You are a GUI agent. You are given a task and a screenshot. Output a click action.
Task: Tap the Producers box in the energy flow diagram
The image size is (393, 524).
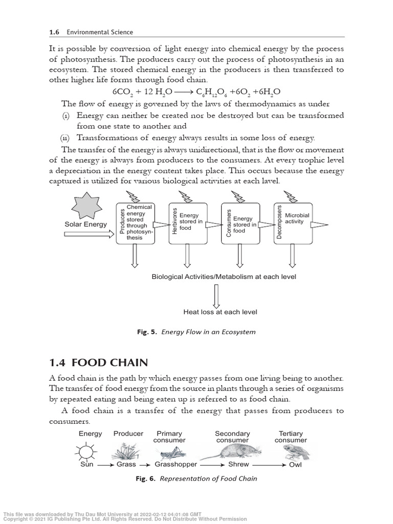click(x=135, y=223)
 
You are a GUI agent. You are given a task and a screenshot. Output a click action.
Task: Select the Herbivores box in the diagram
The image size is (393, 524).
click(x=187, y=223)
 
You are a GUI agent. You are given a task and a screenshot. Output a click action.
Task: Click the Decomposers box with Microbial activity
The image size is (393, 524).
click(x=293, y=223)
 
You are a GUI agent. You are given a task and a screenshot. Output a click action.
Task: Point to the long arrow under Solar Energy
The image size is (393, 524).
click(x=89, y=234)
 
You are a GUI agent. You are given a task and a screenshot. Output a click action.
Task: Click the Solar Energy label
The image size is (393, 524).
click(x=85, y=224)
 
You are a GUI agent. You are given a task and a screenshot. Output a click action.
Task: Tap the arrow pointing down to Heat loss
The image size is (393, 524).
click(x=216, y=296)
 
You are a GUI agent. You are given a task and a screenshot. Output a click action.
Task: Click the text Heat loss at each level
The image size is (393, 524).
click(x=220, y=312)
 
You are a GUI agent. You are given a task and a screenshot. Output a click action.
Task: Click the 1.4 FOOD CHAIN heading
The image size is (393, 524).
click(x=99, y=363)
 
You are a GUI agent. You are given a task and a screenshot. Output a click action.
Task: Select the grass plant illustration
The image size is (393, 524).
click(x=124, y=452)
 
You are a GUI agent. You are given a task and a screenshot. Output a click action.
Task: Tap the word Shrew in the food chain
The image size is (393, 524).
click(x=238, y=465)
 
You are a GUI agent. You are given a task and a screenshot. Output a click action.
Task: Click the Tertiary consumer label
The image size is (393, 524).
click(x=291, y=436)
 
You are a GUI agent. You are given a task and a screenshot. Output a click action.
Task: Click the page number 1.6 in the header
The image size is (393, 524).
click(x=54, y=32)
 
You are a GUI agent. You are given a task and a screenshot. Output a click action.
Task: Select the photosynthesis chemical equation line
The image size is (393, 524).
click(x=196, y=92)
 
